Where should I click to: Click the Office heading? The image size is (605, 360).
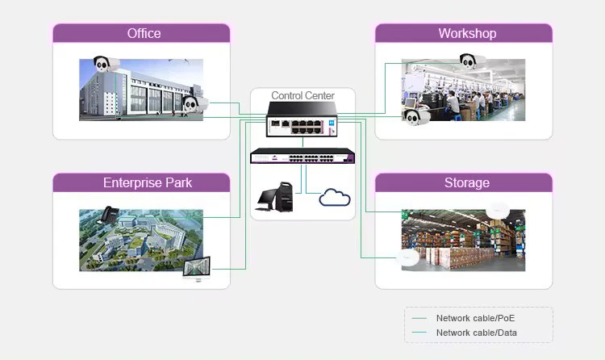[x=144, y=33]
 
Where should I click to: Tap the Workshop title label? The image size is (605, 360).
[x=467, y=33]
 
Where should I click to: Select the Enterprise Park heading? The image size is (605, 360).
[x=148, y=182]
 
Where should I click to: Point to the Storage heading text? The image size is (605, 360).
[x=466, y=182]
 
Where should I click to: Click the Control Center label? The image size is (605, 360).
[x=302, y=95]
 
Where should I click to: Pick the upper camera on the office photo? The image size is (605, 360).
[x=102, y=65]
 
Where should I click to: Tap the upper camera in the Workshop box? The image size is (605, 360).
[x=473, y=61]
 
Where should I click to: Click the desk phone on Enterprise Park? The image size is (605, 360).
[x=108, y=215]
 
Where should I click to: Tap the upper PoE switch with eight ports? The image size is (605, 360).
[x=302, y=126]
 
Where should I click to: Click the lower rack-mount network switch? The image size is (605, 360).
[x=302, y=157]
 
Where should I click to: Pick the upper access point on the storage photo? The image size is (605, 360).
[x=498, y=209]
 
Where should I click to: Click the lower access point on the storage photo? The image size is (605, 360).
[x=409, y=257]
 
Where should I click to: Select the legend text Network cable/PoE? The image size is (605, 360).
[x=475, y=319]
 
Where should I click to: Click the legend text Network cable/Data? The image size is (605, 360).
[x=476, y=333]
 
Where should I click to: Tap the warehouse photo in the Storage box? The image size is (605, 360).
[x=463, y=240]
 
